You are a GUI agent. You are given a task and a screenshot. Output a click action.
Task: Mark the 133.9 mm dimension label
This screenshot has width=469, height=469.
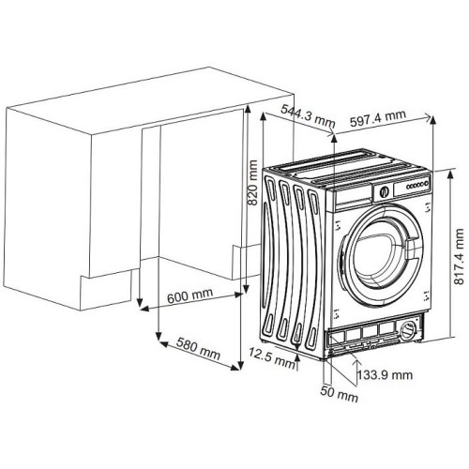pyautogui.click(x=386, y=374)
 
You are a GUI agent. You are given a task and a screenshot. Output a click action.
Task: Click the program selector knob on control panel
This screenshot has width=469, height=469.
pyautogui.click(x=382, y=191)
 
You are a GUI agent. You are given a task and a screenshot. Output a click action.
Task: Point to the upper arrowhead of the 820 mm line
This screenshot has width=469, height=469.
pyautogui.click(x=246, y=106)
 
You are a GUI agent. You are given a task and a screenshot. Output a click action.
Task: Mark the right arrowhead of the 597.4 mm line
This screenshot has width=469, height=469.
pyautogui.click(x=434, y=119)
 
